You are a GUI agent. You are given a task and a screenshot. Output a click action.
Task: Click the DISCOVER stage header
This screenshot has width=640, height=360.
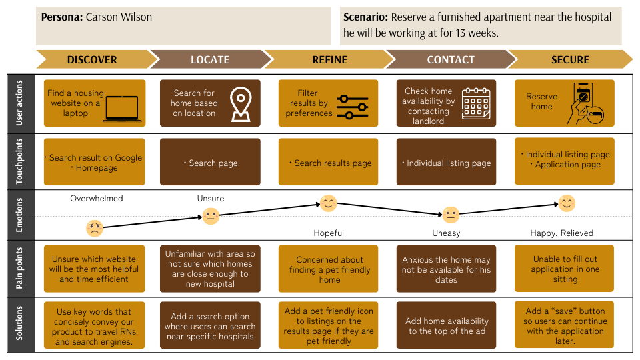point(92,59)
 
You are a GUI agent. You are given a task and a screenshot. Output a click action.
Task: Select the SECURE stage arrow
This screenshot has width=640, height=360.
point(570,59)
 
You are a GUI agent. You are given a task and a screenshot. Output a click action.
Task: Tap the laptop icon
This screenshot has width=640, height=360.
point(121,109)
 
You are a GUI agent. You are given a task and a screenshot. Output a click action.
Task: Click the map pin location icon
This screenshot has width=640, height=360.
point(240,105)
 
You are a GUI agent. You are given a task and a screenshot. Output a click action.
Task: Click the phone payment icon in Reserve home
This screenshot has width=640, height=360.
point(585,105)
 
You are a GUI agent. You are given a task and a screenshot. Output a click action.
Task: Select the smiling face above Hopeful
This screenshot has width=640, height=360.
point(328,203)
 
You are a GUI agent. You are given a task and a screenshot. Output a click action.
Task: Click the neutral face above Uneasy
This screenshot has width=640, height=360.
point(451,215)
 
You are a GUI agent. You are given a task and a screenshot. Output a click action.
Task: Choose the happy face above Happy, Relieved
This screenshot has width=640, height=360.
point(567,203)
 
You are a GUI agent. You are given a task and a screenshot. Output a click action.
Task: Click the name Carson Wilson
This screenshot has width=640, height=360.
point(119,17)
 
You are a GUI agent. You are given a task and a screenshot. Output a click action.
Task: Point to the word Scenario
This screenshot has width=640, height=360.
point(365,17)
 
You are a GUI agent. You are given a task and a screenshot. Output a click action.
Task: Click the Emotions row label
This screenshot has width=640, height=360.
point(19,215)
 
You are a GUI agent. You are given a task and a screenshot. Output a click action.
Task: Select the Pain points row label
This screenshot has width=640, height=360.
point(19,269)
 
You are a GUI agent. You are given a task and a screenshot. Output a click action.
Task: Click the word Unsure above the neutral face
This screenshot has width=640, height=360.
point(211,199)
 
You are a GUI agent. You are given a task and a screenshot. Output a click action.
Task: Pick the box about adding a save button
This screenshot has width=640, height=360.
point(565,326)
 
